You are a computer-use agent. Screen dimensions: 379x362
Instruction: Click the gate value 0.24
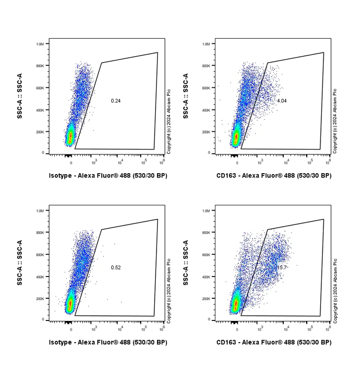point(115,101)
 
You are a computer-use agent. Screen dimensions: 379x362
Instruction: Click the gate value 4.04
point(282,101)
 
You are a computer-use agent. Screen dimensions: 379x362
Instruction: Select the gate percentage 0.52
point(115,268)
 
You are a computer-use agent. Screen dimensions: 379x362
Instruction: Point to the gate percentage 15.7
point(282,268)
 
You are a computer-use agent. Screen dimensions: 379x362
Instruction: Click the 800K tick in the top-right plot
point(206,66)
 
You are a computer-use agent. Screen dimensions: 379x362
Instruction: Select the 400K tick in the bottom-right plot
point(206,277)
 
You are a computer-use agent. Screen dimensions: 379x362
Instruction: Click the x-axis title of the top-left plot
point(108,176)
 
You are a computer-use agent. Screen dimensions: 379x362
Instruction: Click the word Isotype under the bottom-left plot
point(60,342)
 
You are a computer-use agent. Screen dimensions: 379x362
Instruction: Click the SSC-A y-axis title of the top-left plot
point(20,96)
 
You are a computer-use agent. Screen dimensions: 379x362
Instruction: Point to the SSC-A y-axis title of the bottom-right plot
point(186,263)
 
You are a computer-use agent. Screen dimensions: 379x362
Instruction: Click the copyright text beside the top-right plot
point(335,121)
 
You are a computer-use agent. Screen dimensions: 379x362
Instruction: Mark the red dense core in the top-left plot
point(71,137)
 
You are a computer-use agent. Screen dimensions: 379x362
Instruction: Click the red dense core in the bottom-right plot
point(236,305)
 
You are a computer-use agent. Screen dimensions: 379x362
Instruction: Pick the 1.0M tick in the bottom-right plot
point(206,211)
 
